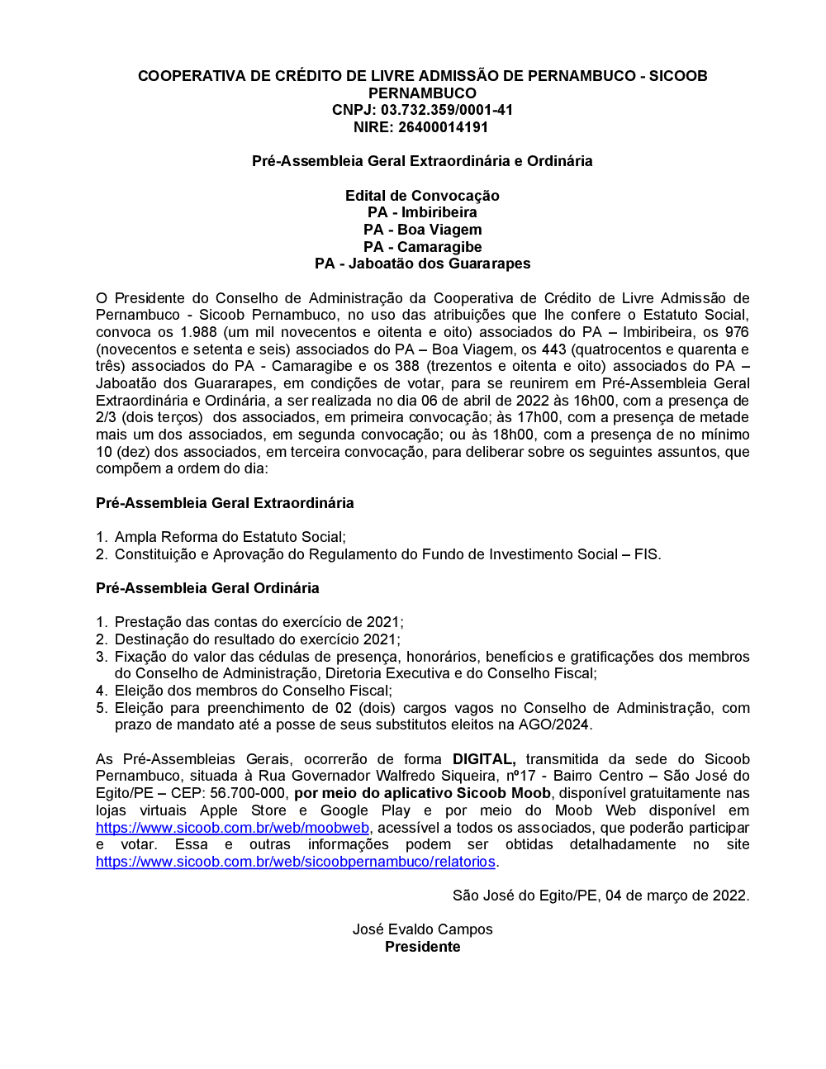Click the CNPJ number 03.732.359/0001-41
pos(446,110)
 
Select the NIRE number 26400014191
pos(444,127)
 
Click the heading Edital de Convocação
pos(422,196)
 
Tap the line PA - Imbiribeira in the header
pos(422,212)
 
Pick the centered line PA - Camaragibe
pos(422,247)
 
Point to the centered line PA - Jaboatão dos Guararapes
pos(422,264)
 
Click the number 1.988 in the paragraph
pos(198,332)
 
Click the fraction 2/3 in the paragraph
pos(106,417)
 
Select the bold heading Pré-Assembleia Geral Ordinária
pos(207,588)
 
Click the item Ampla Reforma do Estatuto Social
pos(230,537)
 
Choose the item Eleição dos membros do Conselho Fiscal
pos(253,691)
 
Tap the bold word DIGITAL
pos(484,759)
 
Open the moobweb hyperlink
pos(232,828)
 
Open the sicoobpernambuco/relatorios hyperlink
pos(296,862)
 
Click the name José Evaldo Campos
pos(422,929)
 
